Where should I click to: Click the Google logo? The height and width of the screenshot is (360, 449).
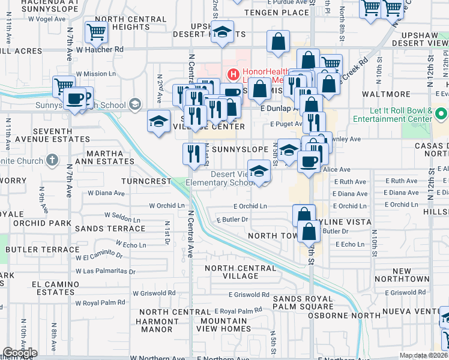pyautogui.click(x=20, y=353)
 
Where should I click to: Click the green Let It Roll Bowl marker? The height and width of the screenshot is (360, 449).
pyautogui.click(x=442, y=113)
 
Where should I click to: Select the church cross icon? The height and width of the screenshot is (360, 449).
pyautogui.click(x=52, y=160)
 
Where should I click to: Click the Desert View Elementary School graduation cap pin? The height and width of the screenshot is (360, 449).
pyautogui.click(x=259, y=170)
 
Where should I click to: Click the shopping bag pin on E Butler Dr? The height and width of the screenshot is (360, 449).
pyautogui.click(x=309, y=232)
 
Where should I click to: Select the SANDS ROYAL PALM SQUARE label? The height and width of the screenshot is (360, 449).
pyautogui.click(x=303, y=302)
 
